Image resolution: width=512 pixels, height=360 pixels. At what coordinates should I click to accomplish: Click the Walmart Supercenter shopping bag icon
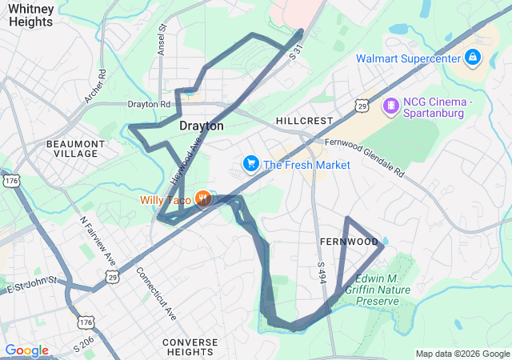[x=473, y=58]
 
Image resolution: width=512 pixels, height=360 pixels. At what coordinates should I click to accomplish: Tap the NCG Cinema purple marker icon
[x=390, y=105]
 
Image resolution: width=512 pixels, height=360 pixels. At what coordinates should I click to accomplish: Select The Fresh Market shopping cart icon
[x=251, y=165]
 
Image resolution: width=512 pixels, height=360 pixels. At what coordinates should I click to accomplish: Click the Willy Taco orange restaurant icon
[x=204, y=199]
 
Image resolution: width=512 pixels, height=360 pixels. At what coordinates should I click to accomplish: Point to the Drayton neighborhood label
[x=201, y=126]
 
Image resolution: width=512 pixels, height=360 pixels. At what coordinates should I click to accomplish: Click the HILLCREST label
[x=304, y=121]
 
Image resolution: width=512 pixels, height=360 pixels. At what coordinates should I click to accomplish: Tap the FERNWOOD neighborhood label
[x=348, y=241]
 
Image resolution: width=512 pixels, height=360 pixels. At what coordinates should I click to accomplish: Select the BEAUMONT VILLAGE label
[x=76, y=148]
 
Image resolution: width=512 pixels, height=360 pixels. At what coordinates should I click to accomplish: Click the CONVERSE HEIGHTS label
[x=190, y=347]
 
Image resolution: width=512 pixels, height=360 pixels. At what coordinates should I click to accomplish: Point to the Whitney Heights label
[x=31, y=15]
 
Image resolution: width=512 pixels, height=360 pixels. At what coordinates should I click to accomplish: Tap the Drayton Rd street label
[x=150, y=104]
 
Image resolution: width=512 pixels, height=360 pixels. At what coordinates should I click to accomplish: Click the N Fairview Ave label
[x=98, y=241]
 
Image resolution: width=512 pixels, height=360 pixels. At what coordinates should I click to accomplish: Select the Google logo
[x=26, y=350]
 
